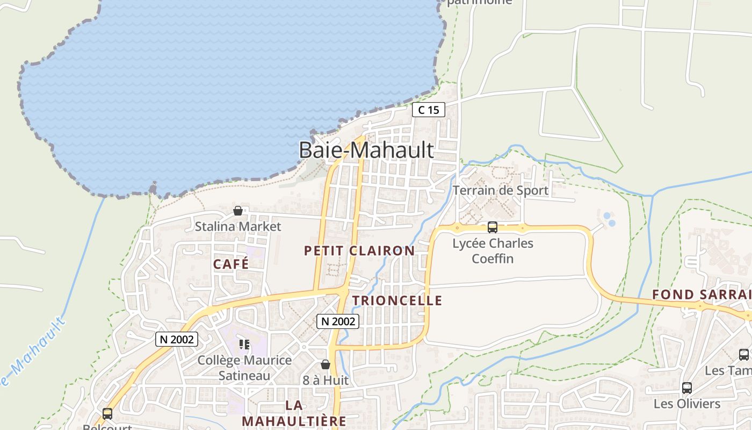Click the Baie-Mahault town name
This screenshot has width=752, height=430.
tap(366, 150)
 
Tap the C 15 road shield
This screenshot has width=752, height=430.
tap(428, 110)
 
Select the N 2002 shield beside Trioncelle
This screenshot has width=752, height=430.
tap(337, 321)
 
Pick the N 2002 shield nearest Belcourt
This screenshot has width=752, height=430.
tap(177, 339)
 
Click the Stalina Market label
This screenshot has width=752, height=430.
tap(237, 226)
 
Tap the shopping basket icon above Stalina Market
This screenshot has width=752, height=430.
tap(237, 211)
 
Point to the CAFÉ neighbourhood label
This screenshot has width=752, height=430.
tap(231, 264)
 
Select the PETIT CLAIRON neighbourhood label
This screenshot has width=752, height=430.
tap(359, 250)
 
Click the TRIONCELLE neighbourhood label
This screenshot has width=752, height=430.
tap(397, 300)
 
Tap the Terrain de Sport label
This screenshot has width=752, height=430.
tap(500, 190)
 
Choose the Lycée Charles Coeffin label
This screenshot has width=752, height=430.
tap(493, 251)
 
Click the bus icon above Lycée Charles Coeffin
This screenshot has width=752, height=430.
tap(492, 227)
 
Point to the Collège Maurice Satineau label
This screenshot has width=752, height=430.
tap(244, 368)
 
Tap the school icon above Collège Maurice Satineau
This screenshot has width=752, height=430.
tap(244, 344)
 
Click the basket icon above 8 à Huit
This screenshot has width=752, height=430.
tap(325, 364)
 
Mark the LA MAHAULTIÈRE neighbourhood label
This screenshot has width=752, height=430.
tap(294, 413)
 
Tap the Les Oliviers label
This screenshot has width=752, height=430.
tap(686, 404)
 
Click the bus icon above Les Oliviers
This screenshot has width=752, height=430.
tap(686, 388)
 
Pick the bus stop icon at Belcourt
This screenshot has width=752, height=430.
tap(107, 414)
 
